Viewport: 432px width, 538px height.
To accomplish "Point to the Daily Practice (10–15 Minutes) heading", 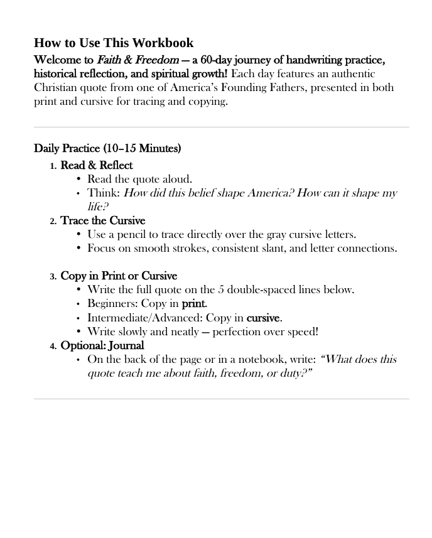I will (x=107, y=149).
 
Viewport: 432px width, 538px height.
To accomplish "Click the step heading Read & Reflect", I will (x=97, y=165).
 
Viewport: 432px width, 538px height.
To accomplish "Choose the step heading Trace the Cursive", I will (x=103, y=220).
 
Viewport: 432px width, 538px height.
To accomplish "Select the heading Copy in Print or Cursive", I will (x=119, y=276).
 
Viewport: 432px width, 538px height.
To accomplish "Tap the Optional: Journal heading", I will (x=102, y=345).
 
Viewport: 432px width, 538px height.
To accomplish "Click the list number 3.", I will (x=53, y=276).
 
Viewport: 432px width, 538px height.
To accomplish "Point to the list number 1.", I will (x=53, y=166).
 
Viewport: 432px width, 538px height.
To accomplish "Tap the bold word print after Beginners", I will (x=194, y=304).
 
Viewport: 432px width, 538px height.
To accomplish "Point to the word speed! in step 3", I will (x=301, y=331).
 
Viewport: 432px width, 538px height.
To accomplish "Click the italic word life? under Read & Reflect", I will (x=99, y=206).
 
